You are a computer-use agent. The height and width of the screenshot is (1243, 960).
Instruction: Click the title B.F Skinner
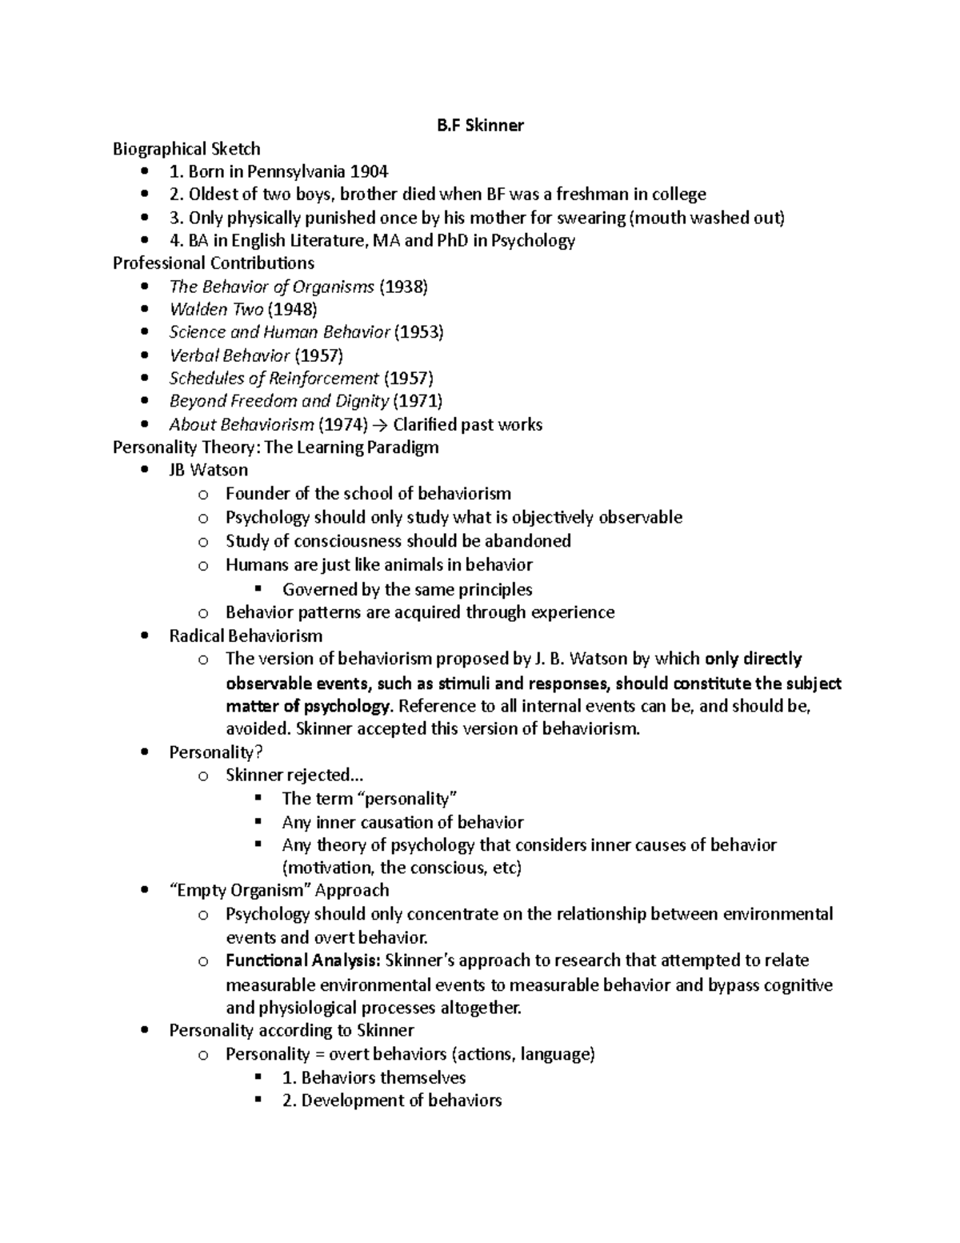tap(480, 126)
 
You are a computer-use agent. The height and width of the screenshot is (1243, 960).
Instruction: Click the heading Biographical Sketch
tap(186, 149)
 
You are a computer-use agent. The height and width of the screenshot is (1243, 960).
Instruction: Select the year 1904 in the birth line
tap(370, 171)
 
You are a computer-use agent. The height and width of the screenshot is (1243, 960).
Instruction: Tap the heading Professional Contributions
tap(214, 263)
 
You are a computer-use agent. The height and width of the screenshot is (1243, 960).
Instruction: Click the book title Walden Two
tap(216, 310)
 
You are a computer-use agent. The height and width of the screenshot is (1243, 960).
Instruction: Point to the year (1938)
tap(403, 287)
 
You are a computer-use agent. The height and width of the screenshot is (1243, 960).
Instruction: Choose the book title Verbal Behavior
tap(229, 355)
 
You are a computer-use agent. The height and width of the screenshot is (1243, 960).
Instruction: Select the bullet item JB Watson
tap(208, 470)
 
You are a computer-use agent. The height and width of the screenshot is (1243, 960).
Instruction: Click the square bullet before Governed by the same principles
tap(258, 589)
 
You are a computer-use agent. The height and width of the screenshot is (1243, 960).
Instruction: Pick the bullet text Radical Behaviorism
tap(246, 636)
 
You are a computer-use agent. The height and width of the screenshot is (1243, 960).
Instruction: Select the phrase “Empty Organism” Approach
tap(278, 891)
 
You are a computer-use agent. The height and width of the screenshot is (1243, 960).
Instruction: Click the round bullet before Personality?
tap(144, 752)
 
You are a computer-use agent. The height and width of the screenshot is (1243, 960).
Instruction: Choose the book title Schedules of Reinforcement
tap(274, 379)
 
